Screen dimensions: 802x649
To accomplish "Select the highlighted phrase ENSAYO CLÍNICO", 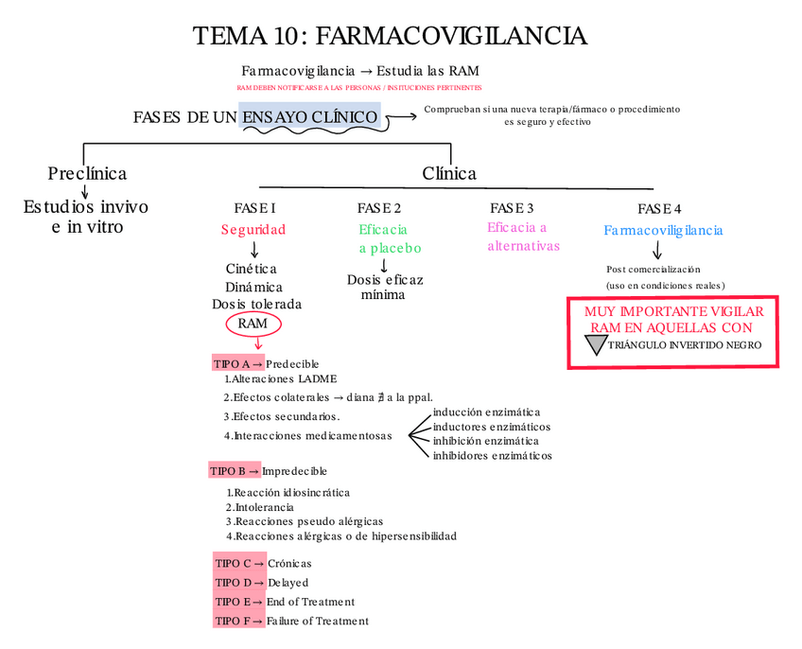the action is click(x=310, y=116).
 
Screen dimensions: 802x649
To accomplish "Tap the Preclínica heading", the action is click(x=87, y=173).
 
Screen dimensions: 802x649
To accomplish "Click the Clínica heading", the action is click(x=449, y=173).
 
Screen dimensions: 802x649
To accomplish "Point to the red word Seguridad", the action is click(x=253, y=230).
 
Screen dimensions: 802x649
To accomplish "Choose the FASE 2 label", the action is click(x=379, y=208).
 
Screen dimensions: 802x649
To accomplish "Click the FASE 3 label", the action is click(x=512, y=208).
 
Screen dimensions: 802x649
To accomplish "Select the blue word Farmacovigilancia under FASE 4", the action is click(x=663, y=231).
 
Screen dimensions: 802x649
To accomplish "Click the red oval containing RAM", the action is click(x=253, y=324).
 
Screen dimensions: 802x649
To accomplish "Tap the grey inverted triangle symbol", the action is click(x=594, y=344).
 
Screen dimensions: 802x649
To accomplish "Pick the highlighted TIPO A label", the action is click(x=232, y=363).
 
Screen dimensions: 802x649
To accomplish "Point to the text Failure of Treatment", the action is click(x=318, y=621).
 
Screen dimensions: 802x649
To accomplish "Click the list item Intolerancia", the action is click(x=264, y=507).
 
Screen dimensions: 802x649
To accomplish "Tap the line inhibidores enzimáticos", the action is click(x=492, y=455).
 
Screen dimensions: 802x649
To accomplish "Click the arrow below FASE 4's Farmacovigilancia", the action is click(x=657, y=251).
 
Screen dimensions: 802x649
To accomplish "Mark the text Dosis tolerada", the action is click(x=256, y=305).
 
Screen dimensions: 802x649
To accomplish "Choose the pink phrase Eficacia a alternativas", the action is click(x=523, y=237).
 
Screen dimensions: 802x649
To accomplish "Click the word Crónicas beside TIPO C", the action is click(x=289, y=564).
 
